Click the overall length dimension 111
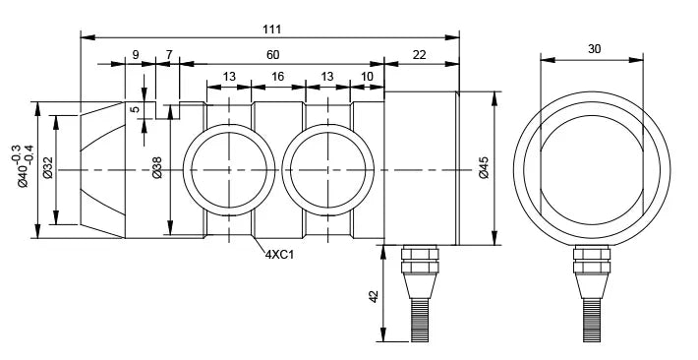click(272, 30)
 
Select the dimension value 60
click(273, 55)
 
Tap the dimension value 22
click(420, 55)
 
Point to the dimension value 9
click(136, 55)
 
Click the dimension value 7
click(169, 55)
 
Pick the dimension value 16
click(278, 77)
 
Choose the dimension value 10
click(367, 77)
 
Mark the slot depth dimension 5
click(136, 108)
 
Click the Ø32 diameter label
click(47, 167)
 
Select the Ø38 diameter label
click(156, 167)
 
